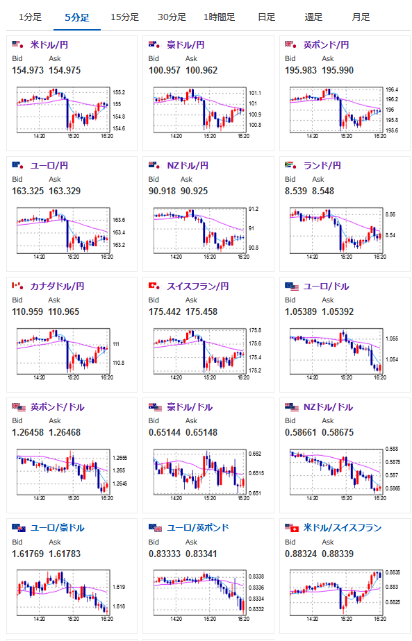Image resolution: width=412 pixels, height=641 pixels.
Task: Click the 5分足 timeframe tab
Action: [77, 17]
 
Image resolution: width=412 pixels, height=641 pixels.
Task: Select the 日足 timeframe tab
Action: [267, 17]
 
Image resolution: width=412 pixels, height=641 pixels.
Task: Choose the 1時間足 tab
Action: [220, 17]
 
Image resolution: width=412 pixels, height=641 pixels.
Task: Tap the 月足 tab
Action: [361, 17]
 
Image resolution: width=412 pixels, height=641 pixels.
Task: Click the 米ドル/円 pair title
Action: [49, 45]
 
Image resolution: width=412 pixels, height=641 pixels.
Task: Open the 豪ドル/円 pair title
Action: [186, 45]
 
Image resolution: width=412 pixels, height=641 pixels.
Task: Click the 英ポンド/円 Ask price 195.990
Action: [338, 70]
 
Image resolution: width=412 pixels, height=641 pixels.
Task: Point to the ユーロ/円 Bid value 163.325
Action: [28, 191]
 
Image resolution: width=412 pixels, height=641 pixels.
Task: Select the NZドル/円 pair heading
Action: [188, 166]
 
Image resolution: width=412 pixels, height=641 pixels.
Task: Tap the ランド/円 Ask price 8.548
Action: [323, 191]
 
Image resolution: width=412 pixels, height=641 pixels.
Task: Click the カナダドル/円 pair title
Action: [58, 286]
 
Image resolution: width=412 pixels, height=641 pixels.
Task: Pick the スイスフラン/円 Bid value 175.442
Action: [165, 311]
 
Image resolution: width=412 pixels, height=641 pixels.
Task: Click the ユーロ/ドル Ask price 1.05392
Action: [338, 311]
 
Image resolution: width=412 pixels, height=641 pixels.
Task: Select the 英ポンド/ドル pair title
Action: [58, 407]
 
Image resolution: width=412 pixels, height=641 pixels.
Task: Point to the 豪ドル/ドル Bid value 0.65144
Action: [165, 432]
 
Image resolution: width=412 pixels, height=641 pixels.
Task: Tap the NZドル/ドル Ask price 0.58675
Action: [338, 432]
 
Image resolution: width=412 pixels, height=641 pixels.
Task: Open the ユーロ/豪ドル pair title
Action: [58, 528]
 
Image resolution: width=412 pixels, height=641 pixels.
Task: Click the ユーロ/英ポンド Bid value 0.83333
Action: [165, 554]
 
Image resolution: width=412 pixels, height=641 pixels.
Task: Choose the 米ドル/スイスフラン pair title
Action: [343, 528]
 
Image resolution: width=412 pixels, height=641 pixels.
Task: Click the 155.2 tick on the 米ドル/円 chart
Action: [119, 92]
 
